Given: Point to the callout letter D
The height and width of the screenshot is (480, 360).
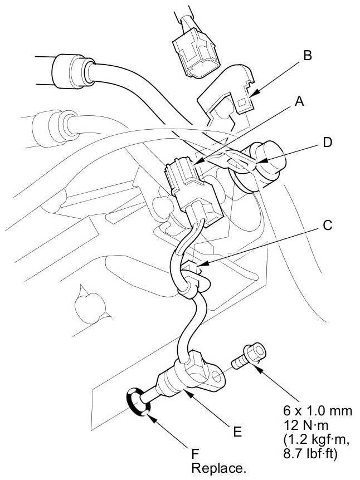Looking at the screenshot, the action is pos(327,142).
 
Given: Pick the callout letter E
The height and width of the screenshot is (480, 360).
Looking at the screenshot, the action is pos(238,430).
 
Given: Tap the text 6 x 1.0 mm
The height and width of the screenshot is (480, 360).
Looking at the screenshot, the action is pos(318,412).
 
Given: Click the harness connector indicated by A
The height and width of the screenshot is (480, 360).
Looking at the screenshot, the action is pos(181,179).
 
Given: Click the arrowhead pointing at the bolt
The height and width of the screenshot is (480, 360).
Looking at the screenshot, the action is pos(262,367).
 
